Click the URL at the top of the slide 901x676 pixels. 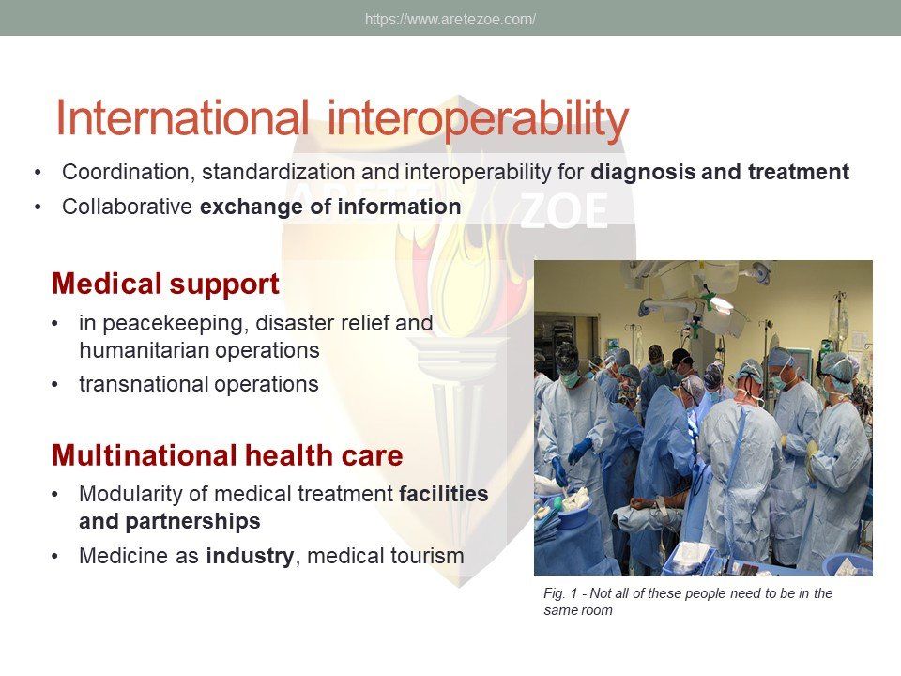click(x=450, y=20)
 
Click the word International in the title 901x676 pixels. click(x=182, y=118)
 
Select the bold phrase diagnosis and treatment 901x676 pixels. click(x=720, y=172)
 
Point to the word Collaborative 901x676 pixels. click(x=127, y=207)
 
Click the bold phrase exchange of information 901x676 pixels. click(x=330, y=207)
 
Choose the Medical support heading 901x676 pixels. click(x=165, y=284)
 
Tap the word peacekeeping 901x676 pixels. click(x=175, y=324)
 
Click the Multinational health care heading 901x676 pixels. click(x=227, y=455)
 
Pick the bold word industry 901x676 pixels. click(x=250, y=557)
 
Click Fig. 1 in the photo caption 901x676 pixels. click(x=560, y=593)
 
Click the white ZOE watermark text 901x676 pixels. click(x=563, y=211)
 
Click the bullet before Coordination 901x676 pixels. click(x=38, y=173)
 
